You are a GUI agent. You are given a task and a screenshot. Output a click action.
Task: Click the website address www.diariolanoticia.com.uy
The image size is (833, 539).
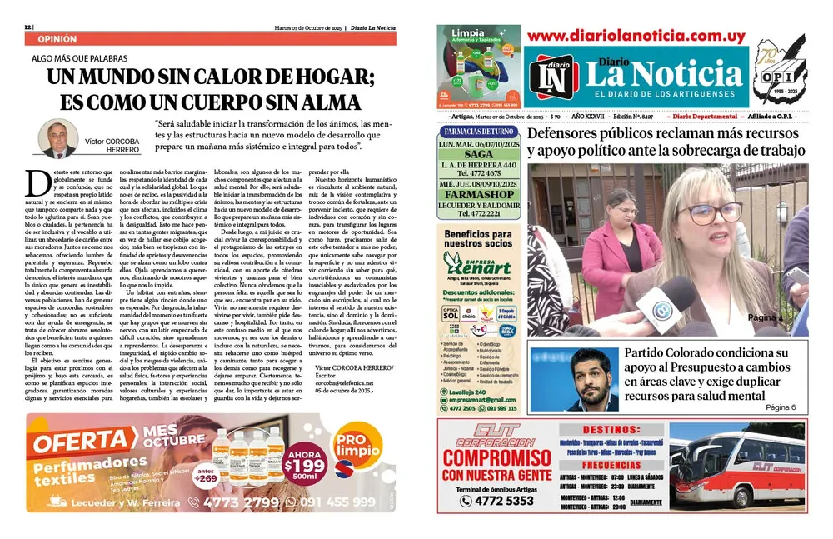[636, 36]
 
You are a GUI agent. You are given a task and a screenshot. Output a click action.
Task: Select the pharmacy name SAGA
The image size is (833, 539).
[479, 155]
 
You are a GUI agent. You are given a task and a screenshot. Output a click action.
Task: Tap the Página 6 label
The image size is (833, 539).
[781, 407]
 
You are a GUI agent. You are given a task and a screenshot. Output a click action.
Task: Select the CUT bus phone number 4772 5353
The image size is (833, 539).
[486, 501]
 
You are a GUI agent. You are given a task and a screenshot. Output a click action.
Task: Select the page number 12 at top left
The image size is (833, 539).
[28, 26]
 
